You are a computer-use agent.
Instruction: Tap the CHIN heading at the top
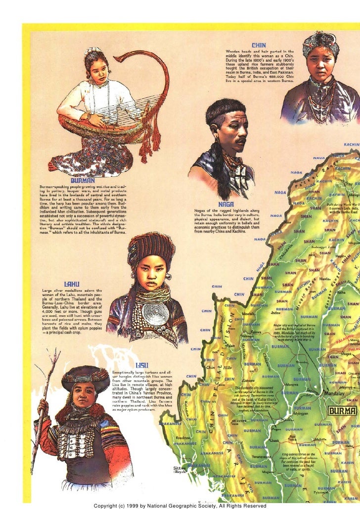click(259, 45)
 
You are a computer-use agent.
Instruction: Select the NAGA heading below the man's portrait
click(218, 203)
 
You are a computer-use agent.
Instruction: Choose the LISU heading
click(141, 365)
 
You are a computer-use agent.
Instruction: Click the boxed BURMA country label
click(341, 411)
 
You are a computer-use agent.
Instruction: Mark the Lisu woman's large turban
click(85, 377)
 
